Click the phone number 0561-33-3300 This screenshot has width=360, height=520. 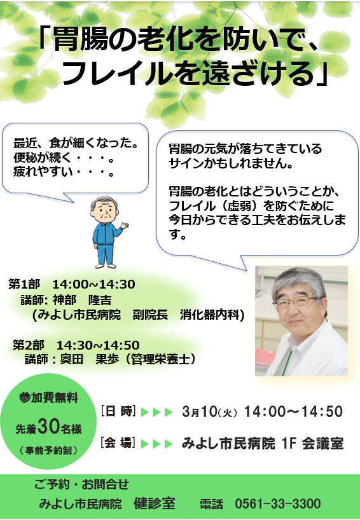point(278,503)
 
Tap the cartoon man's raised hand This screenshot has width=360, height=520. point(125,226)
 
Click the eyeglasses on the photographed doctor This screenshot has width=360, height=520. point(294,301)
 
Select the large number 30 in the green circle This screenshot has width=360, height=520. point(48,426)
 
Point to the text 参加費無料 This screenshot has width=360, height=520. point(48,397)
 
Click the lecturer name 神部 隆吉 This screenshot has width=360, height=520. point(82,300)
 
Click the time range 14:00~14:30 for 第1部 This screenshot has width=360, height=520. point(94,284)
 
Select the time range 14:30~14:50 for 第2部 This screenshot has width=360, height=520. point(98,345)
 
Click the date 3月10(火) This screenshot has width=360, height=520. point(210,411)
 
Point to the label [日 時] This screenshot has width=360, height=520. point(118,411)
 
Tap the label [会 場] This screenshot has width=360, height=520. point(118,443)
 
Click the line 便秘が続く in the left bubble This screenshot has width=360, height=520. point(42,158)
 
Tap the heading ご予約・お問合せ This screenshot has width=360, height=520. point(81,484)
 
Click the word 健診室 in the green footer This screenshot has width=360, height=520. point(155,503)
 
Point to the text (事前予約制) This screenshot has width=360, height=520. point(48,450)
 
